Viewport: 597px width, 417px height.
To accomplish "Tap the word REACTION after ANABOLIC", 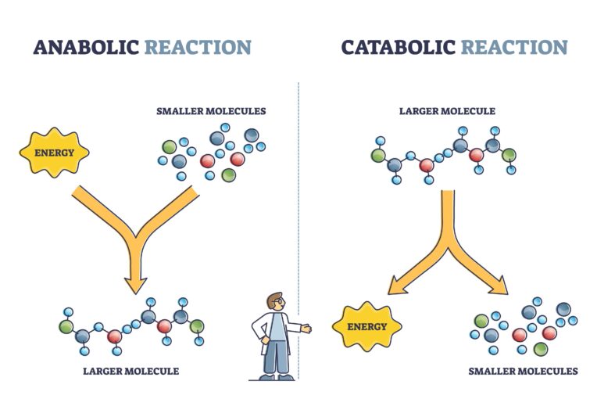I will (x=198, y=47).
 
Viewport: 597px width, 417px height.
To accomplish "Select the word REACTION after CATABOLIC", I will (x=513, y=47).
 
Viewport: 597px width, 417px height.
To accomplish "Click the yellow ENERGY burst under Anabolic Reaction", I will (x=54, y=153).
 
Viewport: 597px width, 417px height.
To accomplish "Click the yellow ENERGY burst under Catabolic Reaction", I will (x=366, y=326).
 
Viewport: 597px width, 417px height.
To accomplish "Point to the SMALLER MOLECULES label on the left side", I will (x=209, y=111).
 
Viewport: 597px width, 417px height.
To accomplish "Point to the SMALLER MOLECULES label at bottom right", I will (x=523, y=370).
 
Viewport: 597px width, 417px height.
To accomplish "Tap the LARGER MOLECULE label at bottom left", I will (x=130, y=370).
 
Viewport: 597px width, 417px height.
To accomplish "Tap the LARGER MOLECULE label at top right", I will (x=447, y=111).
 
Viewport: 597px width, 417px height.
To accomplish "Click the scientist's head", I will (x=274, y=303).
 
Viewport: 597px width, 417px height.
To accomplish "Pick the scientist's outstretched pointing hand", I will (x=306, y=329).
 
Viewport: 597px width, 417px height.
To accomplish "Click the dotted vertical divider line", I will (x=298, y=196).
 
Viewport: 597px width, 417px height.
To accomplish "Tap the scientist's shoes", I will (x=274, y=377).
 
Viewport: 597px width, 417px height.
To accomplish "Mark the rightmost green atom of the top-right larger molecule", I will (x=509, y=153).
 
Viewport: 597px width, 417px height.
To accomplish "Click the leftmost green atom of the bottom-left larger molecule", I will (x=67, y=324).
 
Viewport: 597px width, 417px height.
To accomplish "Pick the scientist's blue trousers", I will (x=274, y=356).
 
